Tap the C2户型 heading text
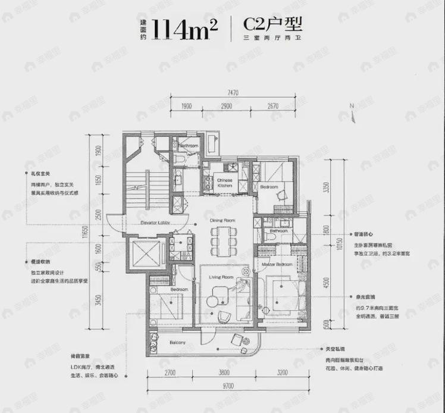pyautogui.click(x=274, y=25)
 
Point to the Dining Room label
pyautogui.click(x=223, y=221)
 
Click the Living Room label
pyautogui.click(x=221, y=277)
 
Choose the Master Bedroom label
pyautogui.click(x=274, y=264)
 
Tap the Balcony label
pyautogui.click(x=177, y=343)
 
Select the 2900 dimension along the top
pyautogui.click(x=225, y=106)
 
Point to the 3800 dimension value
pyautogui.click(x=224, y=373)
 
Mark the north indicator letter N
pyautogui.click(x=352, y=105)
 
